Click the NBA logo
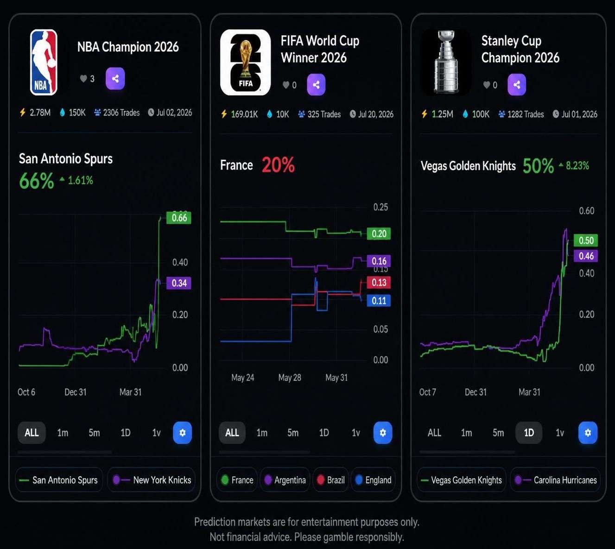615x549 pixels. [x=44, y=62]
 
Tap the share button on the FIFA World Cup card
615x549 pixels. [x=316, y=85]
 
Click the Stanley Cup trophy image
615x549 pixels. [x=446, y=62]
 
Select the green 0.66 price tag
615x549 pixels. [x=179, y=218]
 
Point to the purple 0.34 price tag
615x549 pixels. [x=179, y=283]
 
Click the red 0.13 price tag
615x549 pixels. [x=379, y=283]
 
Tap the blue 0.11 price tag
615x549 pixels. [x=379, y=301]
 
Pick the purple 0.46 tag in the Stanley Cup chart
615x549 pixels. [x=585, y=256]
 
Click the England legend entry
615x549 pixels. [x=374, y=480]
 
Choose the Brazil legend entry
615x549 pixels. [x=330, y=480]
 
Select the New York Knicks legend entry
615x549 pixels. [x=152, y=480]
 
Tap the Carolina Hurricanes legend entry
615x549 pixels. [x=556, y=480]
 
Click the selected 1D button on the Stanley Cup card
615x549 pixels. [x=529, y=432]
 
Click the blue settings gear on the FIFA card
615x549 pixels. [x=383, y=432]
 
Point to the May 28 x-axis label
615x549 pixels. [x=290, y=378]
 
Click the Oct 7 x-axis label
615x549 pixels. [x=427, y=392]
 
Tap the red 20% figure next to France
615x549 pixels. [x=278, y=165]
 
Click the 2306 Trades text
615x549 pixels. [x=121, y=113]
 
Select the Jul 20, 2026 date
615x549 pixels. [x=376, y=114]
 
